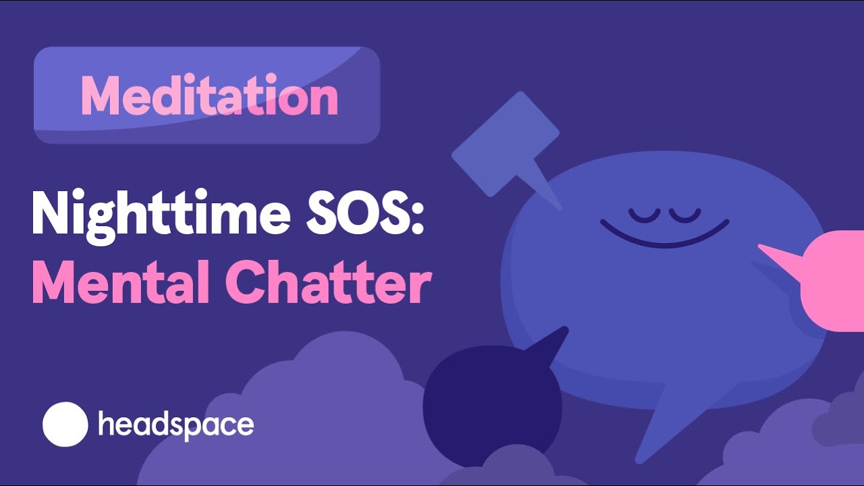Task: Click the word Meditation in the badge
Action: coord(209,96)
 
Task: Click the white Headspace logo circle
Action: coord(65,425)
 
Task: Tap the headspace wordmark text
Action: coord(176,425)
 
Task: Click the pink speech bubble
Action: coord(834,280)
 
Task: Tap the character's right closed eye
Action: coord(686,214)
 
